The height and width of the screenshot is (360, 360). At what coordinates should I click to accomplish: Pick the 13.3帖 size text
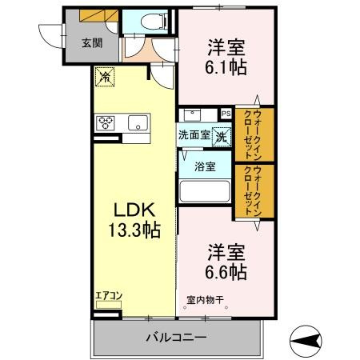tap(133, 231)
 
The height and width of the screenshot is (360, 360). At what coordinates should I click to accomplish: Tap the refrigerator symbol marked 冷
tap(104, 77)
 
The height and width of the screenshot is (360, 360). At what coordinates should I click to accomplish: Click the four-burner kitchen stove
tap(106, 122)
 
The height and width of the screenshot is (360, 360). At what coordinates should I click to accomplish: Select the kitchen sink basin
tap(138, 122)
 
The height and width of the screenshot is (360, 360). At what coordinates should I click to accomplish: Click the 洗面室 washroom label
tap(194, 135)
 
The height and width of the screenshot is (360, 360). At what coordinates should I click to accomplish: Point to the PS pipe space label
tap(226, 114)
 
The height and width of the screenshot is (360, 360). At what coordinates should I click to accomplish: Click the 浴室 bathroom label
tap(205, 167)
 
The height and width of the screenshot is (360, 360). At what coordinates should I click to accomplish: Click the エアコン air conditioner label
tap(108, 296)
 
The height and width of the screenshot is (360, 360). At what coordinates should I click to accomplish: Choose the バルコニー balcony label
tap(176, 338)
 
